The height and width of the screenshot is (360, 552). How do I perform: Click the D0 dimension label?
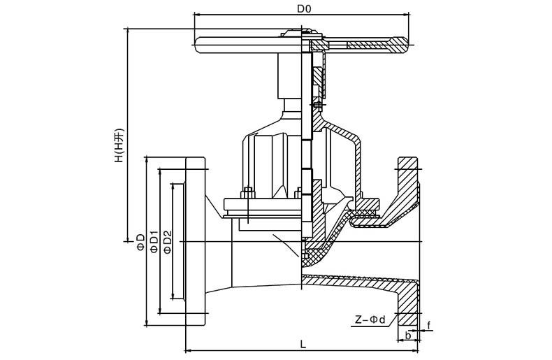304,9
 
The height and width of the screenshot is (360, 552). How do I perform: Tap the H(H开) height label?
119,145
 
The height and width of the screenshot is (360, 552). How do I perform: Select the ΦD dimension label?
141,242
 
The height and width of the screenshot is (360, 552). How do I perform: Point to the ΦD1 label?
154,242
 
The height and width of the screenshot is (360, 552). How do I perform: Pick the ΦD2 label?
168,242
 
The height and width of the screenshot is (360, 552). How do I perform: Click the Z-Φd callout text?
370,319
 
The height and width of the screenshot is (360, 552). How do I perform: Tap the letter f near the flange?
429,326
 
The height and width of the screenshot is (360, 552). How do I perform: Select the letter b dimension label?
407,336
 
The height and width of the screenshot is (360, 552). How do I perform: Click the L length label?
303,344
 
